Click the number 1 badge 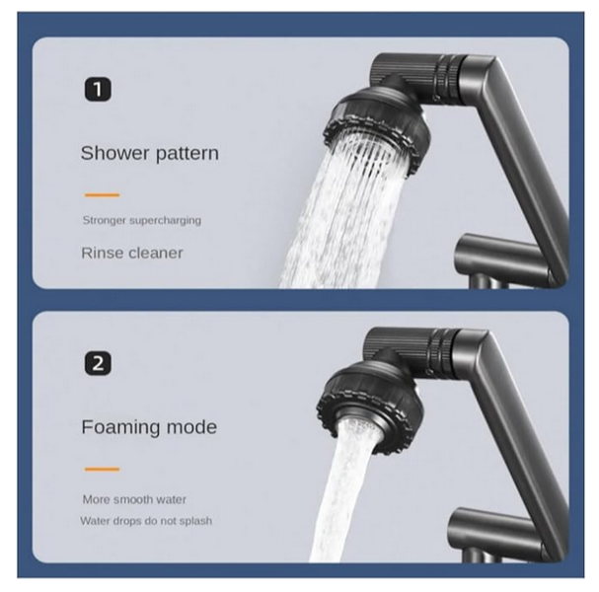pyautogui.click(x=98, y=90)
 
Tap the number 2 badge pyautogui.click(x=98, y=363)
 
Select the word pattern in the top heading pyautogui.click(x=187, y=154)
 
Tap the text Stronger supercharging pyautogui.click(x=142, y=220)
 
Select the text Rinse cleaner pyautogui.click(x=132, y=253)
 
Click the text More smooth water pyautogui.click(x=134, y=499)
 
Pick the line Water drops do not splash pyautogui.click(x=146, y=521)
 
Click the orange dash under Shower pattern pyautogui.click(x=102, y=195)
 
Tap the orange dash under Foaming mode pyautogui.click(x=102, y=469)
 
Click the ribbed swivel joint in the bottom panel pyautogui.click(x=411, y=352)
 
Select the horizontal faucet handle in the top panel pyautogui.click(x=504, y=257)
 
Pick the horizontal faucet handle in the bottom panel pyautogui.click(x=496, y=531)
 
